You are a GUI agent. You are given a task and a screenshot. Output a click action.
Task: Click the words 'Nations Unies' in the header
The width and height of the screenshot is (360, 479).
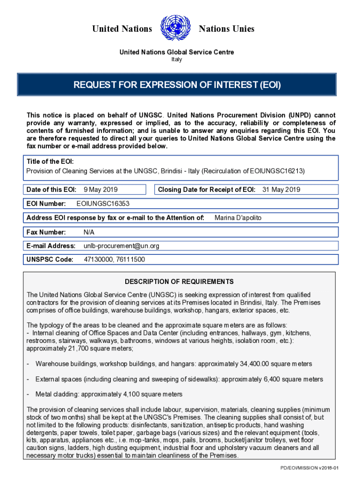click(227, 29)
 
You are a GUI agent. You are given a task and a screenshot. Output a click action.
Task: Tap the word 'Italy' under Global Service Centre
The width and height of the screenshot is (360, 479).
click(176, 59)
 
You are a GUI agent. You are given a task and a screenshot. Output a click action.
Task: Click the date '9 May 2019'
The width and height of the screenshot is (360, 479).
click(101, 189)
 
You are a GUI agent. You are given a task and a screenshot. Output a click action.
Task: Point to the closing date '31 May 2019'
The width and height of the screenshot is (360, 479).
click(281, 189)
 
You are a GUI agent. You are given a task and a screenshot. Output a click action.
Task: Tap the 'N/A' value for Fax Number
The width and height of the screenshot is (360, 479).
click(89, 232)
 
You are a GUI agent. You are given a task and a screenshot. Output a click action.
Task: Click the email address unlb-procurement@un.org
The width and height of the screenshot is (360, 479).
click(122, 246)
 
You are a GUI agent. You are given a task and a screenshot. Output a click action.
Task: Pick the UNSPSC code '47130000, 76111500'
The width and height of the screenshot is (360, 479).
click(114, 260)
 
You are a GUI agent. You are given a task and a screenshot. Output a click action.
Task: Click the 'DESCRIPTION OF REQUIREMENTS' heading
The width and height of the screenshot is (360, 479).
click(179, 282)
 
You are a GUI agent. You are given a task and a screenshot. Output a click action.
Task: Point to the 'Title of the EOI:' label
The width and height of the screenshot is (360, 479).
click(50, 161)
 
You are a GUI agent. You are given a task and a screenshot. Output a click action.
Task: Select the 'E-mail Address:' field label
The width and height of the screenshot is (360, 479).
click(51, 246)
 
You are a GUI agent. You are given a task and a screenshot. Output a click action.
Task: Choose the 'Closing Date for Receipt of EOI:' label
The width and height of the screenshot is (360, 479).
click(207, 189)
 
